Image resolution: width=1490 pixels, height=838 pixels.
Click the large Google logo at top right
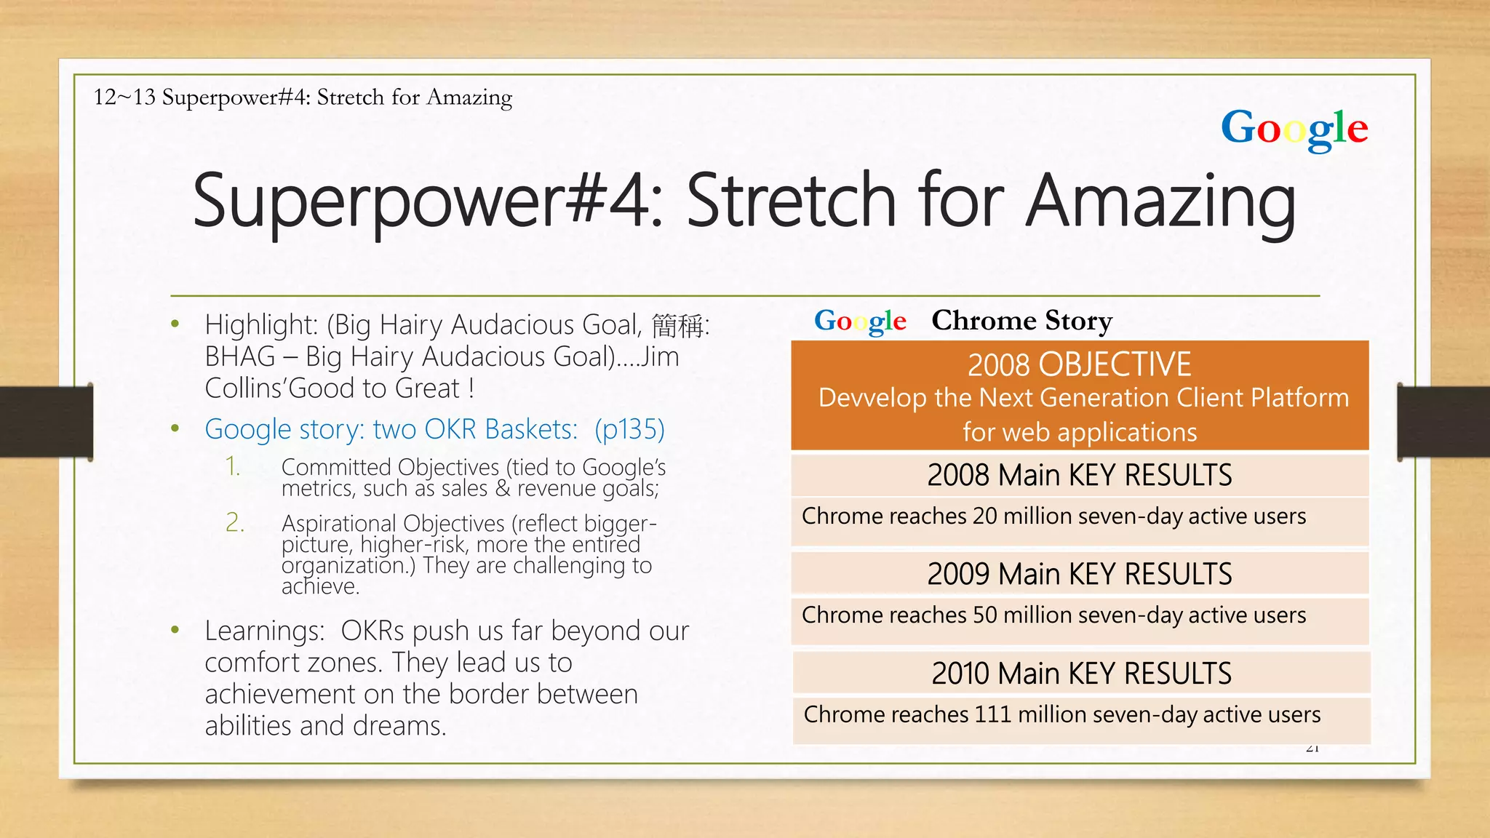1294,129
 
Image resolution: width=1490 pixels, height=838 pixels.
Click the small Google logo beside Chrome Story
860,321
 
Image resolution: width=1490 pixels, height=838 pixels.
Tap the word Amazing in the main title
1161,201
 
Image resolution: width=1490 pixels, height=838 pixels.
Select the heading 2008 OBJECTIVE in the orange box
1079,364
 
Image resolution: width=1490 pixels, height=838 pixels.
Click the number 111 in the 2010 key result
993,714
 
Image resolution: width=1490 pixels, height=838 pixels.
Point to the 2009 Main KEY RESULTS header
1079,574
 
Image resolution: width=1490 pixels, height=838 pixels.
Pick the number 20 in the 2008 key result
984,516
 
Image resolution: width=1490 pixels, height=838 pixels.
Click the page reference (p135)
629,429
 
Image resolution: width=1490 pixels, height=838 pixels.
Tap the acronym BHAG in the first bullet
239,356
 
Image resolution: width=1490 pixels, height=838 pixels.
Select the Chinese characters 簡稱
677,325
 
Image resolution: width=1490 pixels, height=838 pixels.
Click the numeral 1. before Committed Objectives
233,466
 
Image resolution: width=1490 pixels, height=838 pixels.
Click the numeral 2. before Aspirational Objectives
234,522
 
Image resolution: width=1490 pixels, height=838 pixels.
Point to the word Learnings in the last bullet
264,631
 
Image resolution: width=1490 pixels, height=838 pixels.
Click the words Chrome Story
1021,320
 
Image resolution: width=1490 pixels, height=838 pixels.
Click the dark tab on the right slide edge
1443,422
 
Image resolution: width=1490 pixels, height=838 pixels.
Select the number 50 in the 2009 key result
984,615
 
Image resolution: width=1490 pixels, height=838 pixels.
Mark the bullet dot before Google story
175,428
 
